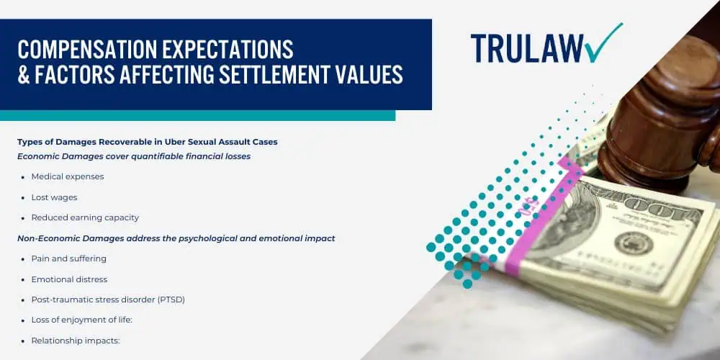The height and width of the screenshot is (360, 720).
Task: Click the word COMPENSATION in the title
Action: tap(82, 50)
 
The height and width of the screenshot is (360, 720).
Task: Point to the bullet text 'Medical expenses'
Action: tap(68, 176)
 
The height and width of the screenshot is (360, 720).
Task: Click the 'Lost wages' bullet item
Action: tap(54, 197)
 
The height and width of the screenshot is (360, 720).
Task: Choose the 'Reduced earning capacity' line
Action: tap(85, 217)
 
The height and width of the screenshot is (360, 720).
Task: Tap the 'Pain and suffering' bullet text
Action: tap(69, 258)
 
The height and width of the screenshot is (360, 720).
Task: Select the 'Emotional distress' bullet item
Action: tap(69, 279)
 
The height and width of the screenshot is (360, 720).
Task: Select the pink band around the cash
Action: tap(536, 216)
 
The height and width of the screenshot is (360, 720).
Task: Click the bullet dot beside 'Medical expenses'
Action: tap(23, 176)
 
